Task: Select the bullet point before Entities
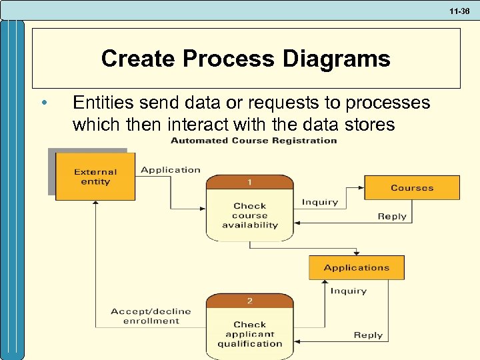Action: click(x=43, y=103)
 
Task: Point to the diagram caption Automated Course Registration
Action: click(x=254, y=141)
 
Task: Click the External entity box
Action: click(x=95, y=177)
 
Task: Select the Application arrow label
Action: click(x=171, y=170)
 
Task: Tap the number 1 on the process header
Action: click(x=250, y=182)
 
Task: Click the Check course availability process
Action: click(x=250, y=215)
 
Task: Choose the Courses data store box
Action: click(x=412, y=188)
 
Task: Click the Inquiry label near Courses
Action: click(x=320, y=202)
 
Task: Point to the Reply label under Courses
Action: click(x=392, y=216)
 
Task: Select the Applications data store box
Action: click(x=357, y=267)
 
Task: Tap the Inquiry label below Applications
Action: click(x=349, y=291)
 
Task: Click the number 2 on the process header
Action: click(x=250, y=301)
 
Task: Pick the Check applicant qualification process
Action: click(x=250, y=334)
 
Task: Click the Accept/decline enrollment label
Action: click(x=151, y=316)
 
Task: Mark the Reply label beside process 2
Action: click(x=368, y=335)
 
